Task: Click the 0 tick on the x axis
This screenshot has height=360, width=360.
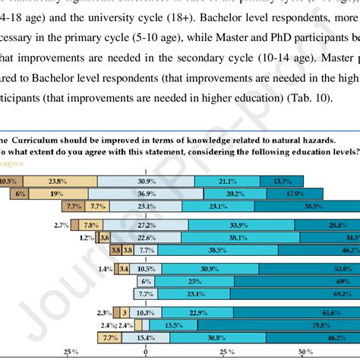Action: [145, 352]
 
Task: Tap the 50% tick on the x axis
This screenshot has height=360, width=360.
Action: [305, 352]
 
